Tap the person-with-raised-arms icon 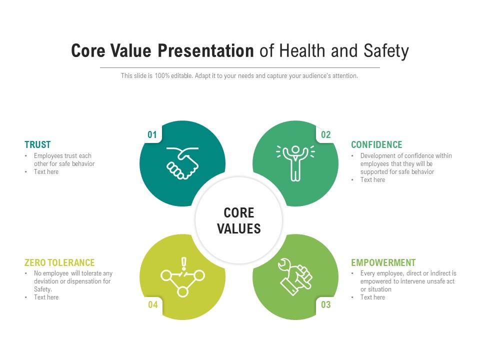tap(295, 163)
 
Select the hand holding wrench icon tap(295, 276)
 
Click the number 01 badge tap(152, 134)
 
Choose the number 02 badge tap(325, 134)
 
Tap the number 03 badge tap(325, 304)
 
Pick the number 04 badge tap(153, 304)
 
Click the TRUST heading tap(37, 144)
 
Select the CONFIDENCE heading tap(376, 144)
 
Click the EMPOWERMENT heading tap(383, 262)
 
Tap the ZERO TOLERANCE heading tap(59, 262)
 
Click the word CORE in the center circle tap(239, 213)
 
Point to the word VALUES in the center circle tap(239, 228)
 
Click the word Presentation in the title tap(205, 50)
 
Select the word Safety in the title tap(386, 51)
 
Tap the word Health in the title tap(302, 50)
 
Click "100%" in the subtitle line tap(162, 75)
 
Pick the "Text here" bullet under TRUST tap(46, 171)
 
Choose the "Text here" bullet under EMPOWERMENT tap(372, 297)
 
